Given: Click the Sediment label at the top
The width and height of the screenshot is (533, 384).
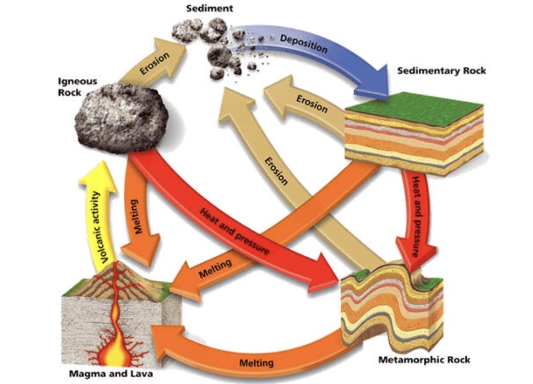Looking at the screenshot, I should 209,8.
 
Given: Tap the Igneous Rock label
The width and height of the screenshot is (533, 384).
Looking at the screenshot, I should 77,87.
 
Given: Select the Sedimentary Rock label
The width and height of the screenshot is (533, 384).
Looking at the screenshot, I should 441,71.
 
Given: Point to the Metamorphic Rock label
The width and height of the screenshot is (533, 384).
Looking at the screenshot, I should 424,359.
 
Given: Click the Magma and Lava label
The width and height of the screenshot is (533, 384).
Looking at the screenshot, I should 111,373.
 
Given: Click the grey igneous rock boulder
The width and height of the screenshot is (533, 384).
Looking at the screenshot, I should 121,118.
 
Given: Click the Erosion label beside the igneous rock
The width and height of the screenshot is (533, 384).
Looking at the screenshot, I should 155,63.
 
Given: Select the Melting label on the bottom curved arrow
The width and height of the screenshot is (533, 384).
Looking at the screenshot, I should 256,363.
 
